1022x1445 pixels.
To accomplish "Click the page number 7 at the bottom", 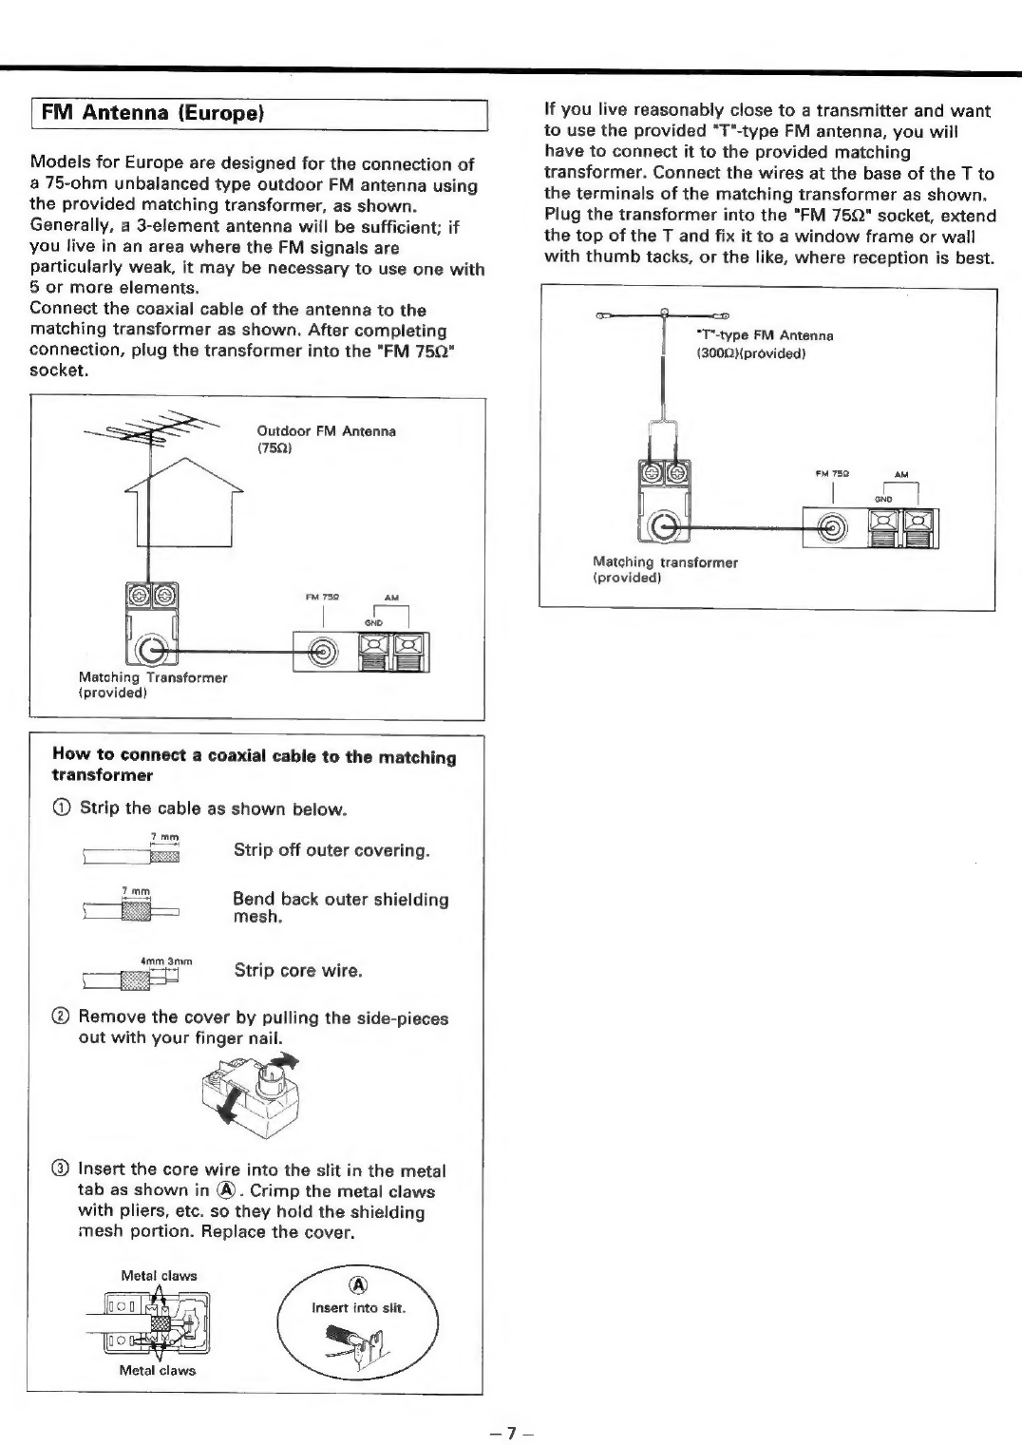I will (x=510, y=1432).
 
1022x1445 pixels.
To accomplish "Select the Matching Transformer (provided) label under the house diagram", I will (x=152, y=685).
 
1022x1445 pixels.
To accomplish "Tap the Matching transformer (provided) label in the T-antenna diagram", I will (x=665, y=569).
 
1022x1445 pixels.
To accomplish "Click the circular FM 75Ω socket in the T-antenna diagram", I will (x=834, y=528).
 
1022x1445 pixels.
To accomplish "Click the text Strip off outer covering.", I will (x=331, y=850).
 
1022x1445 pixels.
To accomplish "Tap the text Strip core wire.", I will (x=298, y=971).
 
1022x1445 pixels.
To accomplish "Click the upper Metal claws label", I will (x=159, y=1276).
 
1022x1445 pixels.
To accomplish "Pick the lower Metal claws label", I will (x=157, y=1370).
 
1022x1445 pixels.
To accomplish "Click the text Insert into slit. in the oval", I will (x=359, y=1308).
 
